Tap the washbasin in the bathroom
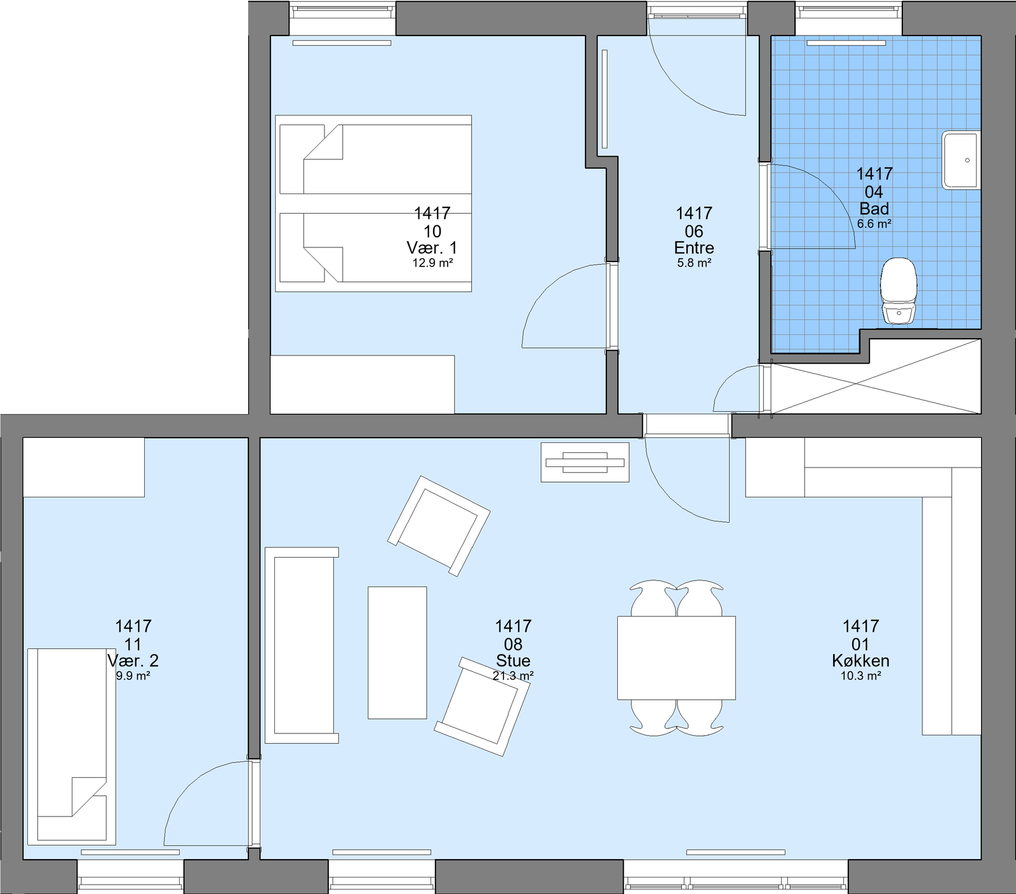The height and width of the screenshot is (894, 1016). [961, 160]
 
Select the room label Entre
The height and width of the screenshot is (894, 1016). [694, 248]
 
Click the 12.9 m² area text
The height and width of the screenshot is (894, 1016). [432, 263]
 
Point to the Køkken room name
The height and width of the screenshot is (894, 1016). [860, 661]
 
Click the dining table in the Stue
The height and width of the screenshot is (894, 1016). [676, 658]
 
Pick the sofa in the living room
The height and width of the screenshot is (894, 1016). [302, 645]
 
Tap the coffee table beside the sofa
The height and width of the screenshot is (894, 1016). [398, 653]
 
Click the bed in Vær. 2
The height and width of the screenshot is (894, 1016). [72, 746]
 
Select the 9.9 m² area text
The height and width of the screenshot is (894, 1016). [133, 676]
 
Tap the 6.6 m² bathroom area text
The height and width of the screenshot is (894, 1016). [874, 224]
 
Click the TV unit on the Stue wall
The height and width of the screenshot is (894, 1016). [585, 462]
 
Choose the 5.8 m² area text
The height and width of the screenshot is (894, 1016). [694, 263]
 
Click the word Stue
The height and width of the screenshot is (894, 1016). [513, 661]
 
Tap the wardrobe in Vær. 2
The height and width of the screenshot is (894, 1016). [84, 467]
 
